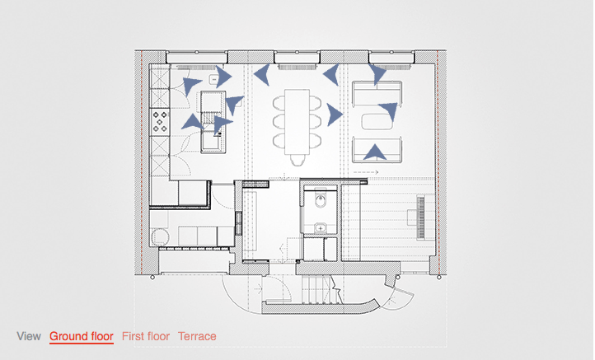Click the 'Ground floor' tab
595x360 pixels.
point(82,336)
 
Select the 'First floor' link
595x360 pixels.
point(146,336)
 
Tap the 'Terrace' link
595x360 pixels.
point(197,336)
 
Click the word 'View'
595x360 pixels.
point(29,336)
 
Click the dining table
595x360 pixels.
point(297,122)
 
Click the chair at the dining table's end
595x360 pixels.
point(297,160)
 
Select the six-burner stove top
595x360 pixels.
point(160,122)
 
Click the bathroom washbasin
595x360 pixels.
point(321,228)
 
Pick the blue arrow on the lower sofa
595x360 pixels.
point(375,152)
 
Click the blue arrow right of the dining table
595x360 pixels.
point(334,115)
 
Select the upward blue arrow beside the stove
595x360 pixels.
point(192,122)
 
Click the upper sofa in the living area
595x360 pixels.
point(377,94)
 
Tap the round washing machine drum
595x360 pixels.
point(160,236)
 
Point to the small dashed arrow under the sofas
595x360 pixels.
point(366,173)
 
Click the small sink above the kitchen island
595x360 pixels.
point(213,80)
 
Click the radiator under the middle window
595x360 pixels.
point(297,68)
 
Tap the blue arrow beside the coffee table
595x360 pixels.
point(389,110)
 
